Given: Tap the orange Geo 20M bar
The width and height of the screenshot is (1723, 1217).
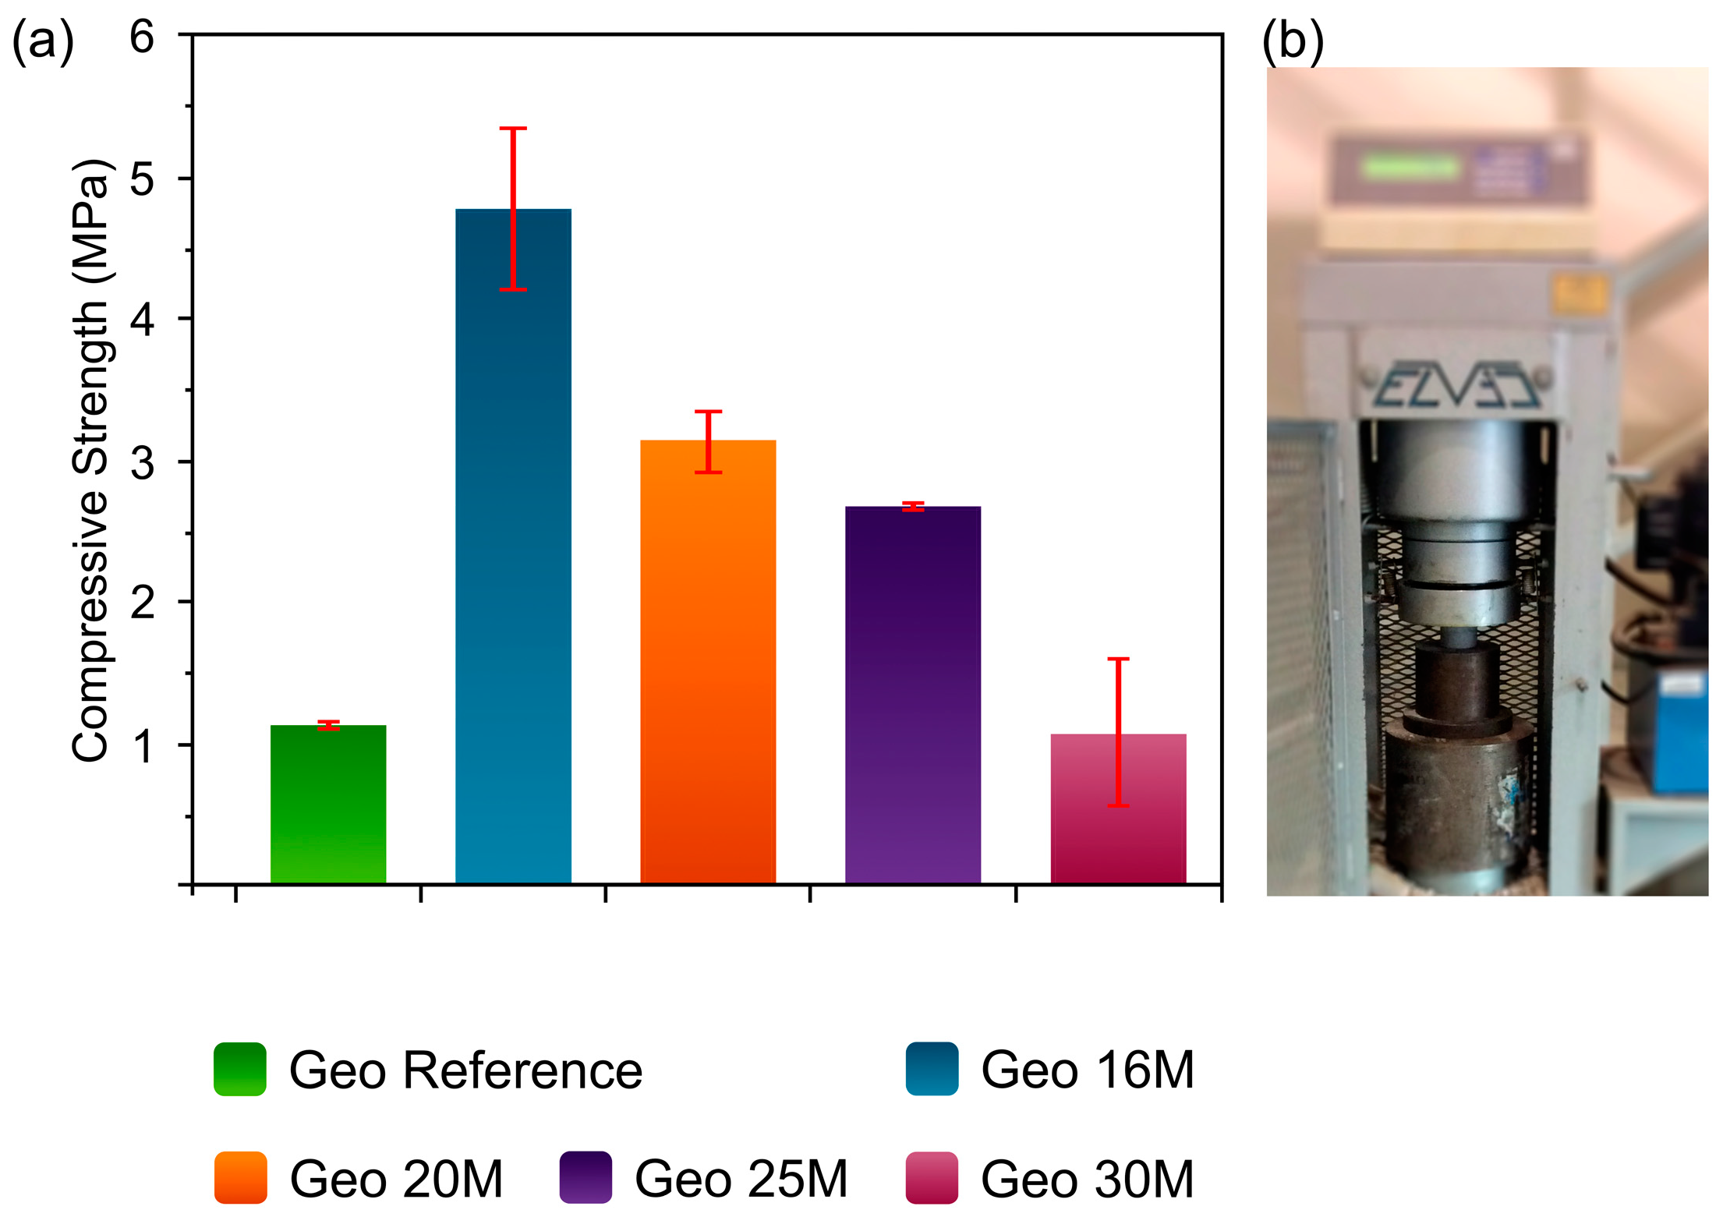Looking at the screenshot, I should click(708, 663).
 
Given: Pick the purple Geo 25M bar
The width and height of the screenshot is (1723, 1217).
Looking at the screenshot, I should click(913, 694).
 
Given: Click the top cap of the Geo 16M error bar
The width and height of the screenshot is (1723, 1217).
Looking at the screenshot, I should click(513, 129).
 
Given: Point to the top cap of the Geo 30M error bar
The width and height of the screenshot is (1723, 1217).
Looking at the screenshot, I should click(1118, 660).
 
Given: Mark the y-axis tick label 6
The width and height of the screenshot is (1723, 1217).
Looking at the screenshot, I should click(142, 37).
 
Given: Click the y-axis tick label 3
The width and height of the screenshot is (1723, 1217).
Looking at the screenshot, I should click(142, 463).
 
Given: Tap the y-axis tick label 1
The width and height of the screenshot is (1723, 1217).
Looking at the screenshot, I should click(142, 746).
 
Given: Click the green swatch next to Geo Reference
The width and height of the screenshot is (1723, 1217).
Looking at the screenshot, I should click(240, 1069).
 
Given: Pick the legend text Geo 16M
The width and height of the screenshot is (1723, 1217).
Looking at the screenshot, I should click(1087, 1070).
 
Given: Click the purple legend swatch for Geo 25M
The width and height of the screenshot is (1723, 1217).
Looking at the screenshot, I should click(586, 1177).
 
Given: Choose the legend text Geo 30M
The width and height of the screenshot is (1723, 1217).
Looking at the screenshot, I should click(1087, 1179).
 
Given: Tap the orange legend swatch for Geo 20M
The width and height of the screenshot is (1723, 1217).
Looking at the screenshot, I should click(241, 1177).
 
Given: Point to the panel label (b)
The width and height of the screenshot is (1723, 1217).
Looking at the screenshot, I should click(1293, 41).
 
